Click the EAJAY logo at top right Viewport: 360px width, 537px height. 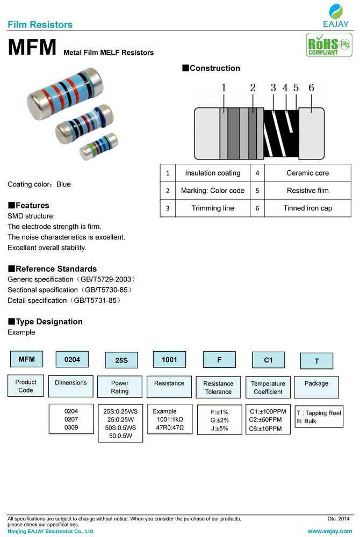(336, 15)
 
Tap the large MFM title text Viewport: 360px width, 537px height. (32, 48)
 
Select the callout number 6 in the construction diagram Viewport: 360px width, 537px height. (311, 88)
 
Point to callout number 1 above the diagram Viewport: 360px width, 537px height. (224, 88)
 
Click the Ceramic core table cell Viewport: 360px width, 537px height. (307, 173)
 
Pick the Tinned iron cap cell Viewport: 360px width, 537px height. (307, 208)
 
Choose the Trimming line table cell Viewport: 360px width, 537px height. (213, 208)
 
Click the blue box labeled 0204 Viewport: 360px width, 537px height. (72, 359)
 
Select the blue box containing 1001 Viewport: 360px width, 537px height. (169, 359)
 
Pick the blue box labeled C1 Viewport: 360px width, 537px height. (268, 360)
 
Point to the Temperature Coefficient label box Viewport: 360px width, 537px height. (268, 387)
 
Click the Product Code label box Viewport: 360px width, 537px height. (26, 386)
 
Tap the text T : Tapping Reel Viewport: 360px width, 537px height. (319, 413)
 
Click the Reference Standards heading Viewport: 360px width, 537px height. (52, 268)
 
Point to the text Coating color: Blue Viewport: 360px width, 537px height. (39, 184)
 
